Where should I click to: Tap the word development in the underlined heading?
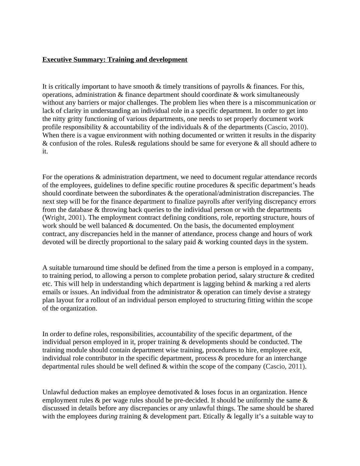(x=168, y=60)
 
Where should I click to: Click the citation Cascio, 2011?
(x=285, y=366)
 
